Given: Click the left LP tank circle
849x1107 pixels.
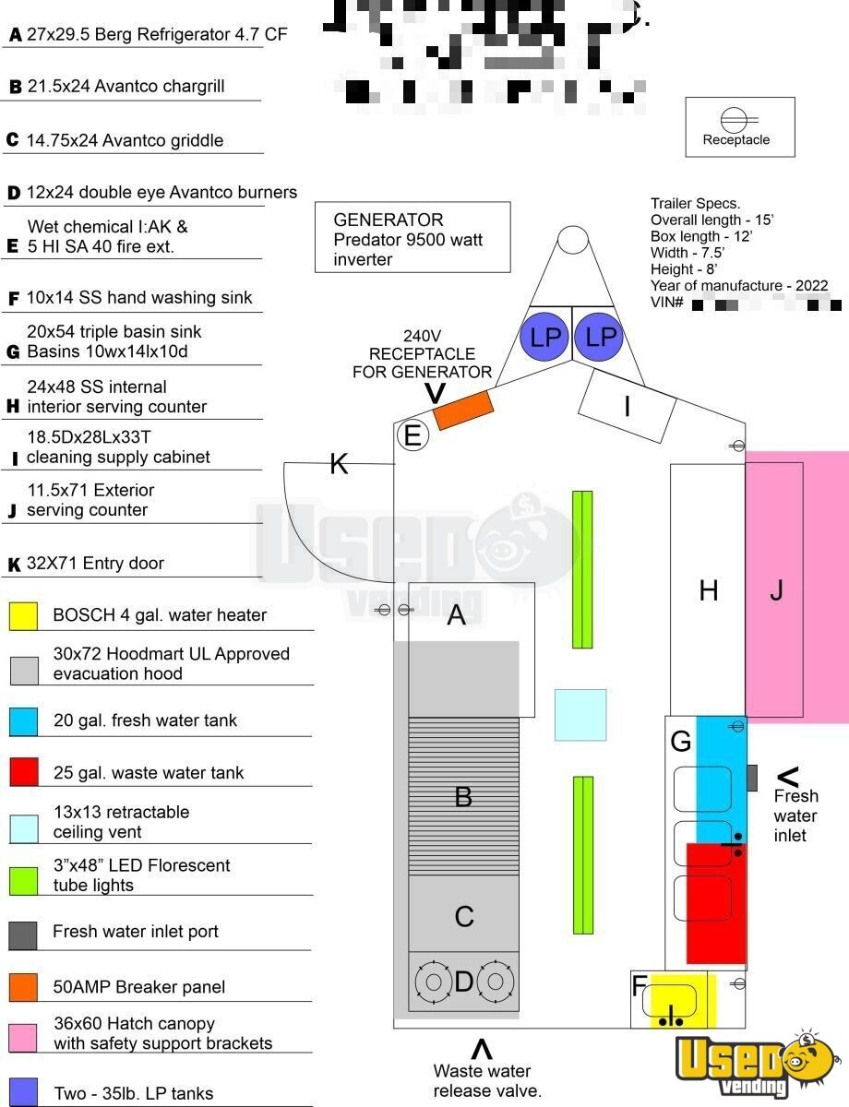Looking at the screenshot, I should [545, 337].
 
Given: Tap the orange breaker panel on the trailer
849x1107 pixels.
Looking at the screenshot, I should [462, 409].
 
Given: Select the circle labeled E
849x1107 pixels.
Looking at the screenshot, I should [413, 435].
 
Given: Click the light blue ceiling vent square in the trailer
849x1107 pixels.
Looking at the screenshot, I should [580, 715].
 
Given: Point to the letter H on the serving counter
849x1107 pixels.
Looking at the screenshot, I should [708, 590].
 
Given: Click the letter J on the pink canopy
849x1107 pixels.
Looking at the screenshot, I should [776, 589].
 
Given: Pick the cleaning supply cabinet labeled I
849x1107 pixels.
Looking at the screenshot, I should [628, 406].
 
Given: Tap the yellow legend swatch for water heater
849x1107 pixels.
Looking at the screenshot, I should [24, 615].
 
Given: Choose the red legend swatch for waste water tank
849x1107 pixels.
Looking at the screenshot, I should [24, 772].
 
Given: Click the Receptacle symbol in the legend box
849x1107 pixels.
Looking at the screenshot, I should [735, 120].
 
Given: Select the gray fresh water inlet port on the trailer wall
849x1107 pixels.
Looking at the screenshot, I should [751, 778].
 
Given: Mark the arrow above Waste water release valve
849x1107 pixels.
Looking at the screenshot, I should [482, 1049].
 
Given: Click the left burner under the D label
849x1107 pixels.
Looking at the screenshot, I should [432, 981].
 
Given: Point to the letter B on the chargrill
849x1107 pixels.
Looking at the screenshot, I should [463, 796].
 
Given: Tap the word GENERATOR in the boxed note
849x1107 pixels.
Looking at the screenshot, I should [389, 220].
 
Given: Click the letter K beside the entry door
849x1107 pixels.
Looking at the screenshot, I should [339, 464].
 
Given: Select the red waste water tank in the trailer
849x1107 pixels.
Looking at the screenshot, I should [716, 904].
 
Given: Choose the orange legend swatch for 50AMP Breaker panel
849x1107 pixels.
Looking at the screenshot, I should [24, 987].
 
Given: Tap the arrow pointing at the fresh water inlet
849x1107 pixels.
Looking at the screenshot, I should [787, 777].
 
